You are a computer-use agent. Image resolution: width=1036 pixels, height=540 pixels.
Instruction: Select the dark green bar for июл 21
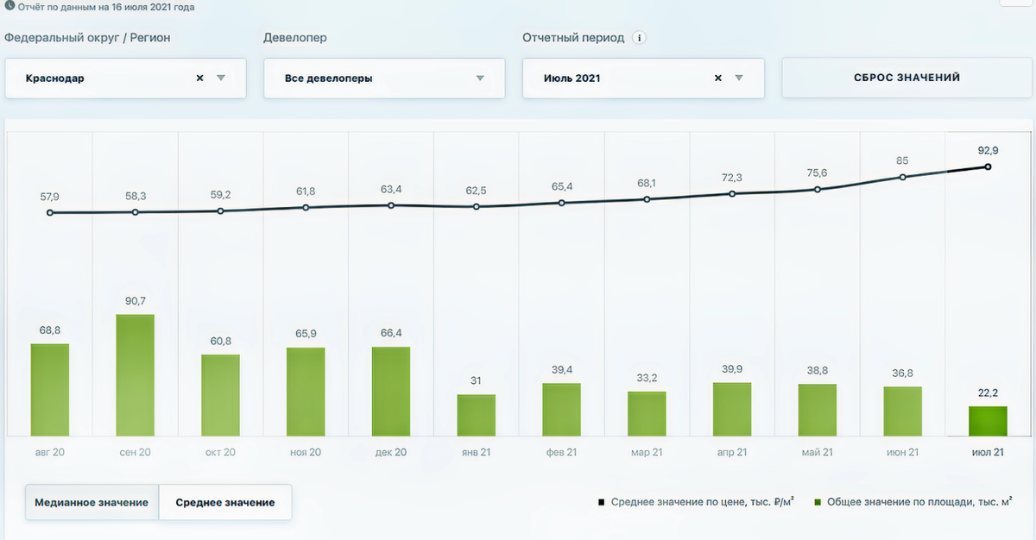[988, 421]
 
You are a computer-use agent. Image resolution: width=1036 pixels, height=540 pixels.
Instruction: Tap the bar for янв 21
[476, 415]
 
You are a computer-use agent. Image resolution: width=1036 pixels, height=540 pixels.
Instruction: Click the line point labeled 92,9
[988, 167]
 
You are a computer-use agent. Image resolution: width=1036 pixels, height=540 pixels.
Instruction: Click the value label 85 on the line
[902, 160]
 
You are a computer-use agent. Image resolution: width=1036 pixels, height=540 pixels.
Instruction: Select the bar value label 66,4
[390, 332]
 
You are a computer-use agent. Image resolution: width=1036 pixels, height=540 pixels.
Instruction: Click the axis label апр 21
[731, 452]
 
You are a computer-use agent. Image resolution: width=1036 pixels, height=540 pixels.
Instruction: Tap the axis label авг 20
[49, 452]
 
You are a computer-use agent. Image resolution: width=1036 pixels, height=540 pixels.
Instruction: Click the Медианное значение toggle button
[92, 502]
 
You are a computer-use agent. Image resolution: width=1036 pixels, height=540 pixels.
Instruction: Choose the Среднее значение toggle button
[225, 502]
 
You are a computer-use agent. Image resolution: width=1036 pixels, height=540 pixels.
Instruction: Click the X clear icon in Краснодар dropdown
[199, 78]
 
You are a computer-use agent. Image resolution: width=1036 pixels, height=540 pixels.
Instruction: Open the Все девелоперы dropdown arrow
[480, 78]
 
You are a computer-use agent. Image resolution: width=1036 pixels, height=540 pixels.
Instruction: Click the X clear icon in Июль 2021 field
[717, 78]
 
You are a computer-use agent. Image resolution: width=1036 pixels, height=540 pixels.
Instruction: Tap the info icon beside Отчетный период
[639, 38]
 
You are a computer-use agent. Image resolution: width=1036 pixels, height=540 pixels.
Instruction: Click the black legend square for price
[601, 501]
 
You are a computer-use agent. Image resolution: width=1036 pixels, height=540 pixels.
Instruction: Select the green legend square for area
[818, 501]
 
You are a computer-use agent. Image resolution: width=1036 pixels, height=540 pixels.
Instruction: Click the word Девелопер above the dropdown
[295, 38]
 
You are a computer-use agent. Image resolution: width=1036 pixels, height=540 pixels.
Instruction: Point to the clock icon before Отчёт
[9, 7]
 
